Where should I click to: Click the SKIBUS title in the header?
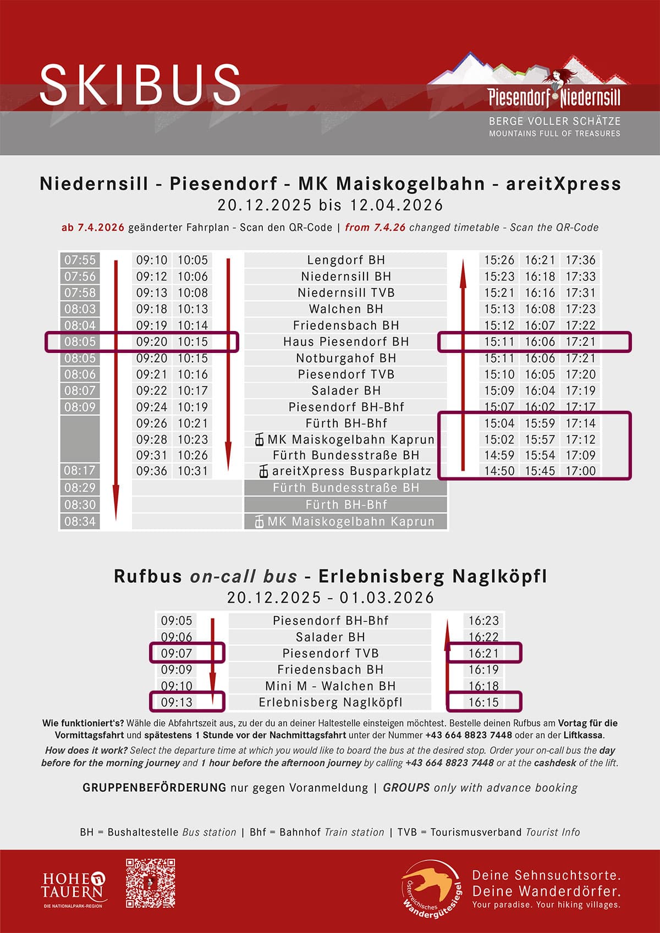point(140,85)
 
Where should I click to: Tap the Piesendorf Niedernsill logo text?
point(554,98)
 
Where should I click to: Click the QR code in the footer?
point(150,882)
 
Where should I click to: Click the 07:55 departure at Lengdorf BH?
point(80,260)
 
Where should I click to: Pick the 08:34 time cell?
point(80,521)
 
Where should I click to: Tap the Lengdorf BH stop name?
point(346,260)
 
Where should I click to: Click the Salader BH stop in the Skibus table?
point(346,390)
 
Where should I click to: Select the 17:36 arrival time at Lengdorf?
point(581,260)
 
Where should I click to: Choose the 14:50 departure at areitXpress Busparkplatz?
point(499,471)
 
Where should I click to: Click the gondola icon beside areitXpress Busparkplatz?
point(264,472)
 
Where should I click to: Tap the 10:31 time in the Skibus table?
point(193,471)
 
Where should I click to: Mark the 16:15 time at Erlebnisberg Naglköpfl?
point(483,702)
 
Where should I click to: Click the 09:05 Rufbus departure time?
point(177,621)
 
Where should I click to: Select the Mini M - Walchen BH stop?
point(331,686)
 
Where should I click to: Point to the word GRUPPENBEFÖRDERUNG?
point(154,787)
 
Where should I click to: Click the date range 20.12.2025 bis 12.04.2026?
point(330,205)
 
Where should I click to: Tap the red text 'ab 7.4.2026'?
point(93,228)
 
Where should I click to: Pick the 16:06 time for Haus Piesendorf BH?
point(540,341)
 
